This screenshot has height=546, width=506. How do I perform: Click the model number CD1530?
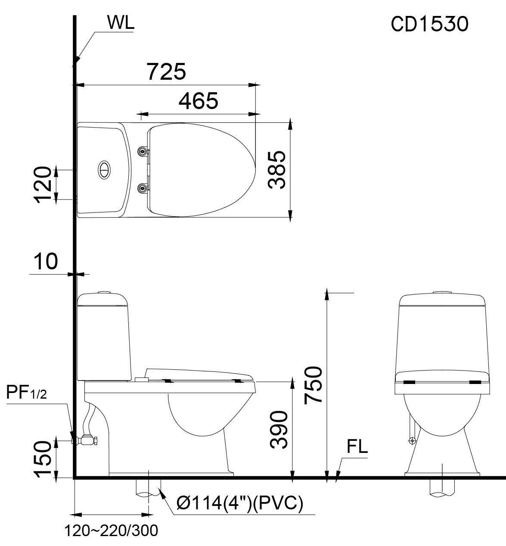click(429, 25)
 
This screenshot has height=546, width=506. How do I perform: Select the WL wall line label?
click(121, 24)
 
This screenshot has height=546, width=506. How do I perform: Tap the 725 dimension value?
click(167, 72)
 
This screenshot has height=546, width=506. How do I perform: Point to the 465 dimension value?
click(199, 101)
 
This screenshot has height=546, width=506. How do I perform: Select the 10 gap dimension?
click(45, 262)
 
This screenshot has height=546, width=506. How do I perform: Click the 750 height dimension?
click(313, 385)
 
